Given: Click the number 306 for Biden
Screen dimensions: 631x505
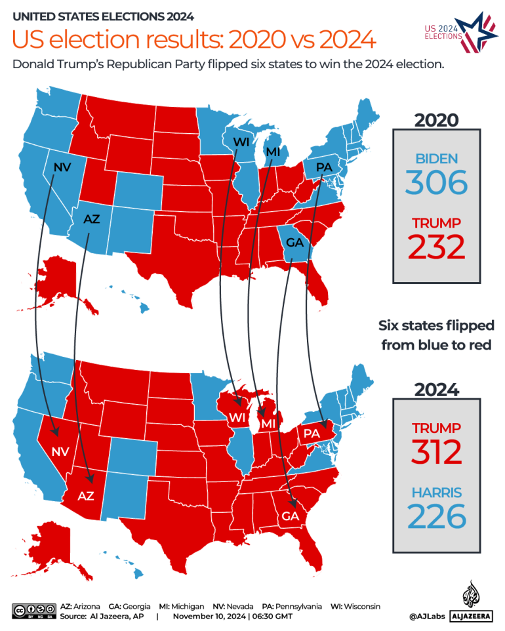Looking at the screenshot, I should pos(436,182).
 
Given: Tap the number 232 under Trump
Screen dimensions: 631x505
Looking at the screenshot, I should pos(436,247).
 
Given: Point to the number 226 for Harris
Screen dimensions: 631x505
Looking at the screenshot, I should pos(436,517).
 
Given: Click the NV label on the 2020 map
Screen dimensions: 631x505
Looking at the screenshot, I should pos(62,167).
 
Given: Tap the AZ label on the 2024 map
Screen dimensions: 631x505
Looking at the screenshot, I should pos(86,496).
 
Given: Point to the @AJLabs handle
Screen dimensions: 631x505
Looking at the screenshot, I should pos(426,617).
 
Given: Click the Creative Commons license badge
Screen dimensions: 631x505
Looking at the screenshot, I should pos(33,611).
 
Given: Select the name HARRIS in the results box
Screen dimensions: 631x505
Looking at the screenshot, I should pos(436,492).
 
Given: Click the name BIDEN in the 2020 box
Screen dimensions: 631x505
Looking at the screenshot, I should pos(436,158).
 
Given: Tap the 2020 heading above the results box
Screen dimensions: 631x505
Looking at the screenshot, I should pos(436,119).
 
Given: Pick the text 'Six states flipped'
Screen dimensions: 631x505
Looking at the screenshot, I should pos(436,325).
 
